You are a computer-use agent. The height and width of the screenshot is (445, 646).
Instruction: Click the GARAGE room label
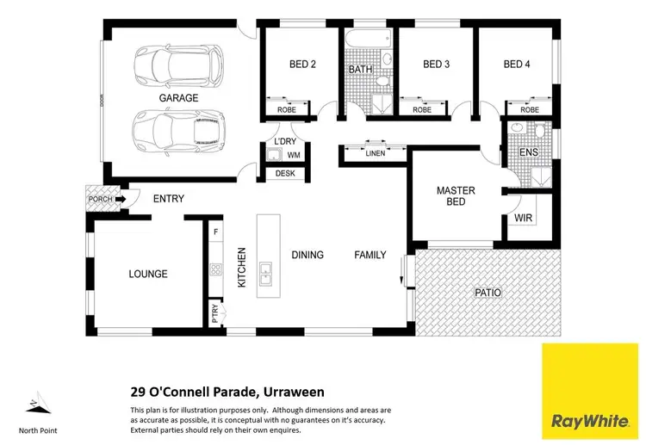click(178, 98)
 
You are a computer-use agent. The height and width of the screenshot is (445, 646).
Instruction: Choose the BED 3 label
click(436, 65)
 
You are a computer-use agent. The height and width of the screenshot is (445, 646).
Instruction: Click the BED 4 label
click(518, 65)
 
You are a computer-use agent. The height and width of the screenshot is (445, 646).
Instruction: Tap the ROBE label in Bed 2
click(288, 110)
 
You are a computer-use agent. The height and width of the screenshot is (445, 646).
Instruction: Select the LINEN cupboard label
click(375, 154)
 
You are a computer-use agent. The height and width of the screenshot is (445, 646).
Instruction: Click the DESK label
click(284, 174)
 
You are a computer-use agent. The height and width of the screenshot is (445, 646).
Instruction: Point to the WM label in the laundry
click(294, 155)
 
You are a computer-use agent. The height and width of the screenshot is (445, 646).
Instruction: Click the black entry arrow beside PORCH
click(121, 200)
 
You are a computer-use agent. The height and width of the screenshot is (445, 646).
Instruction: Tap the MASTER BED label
click(456, 196)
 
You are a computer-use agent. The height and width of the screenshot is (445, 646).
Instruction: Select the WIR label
click(524, 219)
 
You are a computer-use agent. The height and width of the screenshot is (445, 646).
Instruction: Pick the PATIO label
click(488, 293)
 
